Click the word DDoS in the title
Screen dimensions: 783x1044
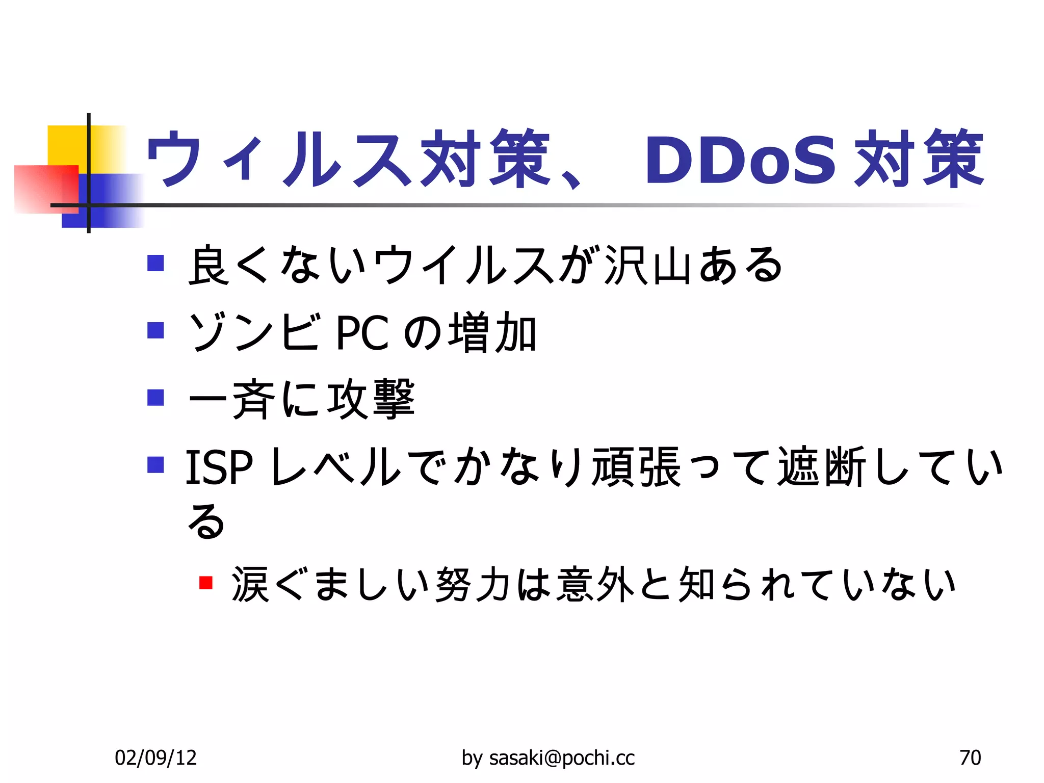(740, 160)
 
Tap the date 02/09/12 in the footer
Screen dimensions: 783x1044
(155, 758)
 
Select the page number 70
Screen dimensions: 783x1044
(970, 758)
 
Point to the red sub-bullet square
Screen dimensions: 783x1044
(206, 582)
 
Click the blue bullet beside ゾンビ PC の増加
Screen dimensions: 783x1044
(155, 330)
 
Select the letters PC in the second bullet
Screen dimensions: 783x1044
(362, 333)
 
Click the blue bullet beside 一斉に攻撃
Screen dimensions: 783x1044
(155, 398)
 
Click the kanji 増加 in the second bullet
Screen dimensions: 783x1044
(492, 333)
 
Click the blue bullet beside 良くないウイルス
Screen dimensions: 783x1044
(155, 263)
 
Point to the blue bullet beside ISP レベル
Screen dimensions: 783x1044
(155, 465)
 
